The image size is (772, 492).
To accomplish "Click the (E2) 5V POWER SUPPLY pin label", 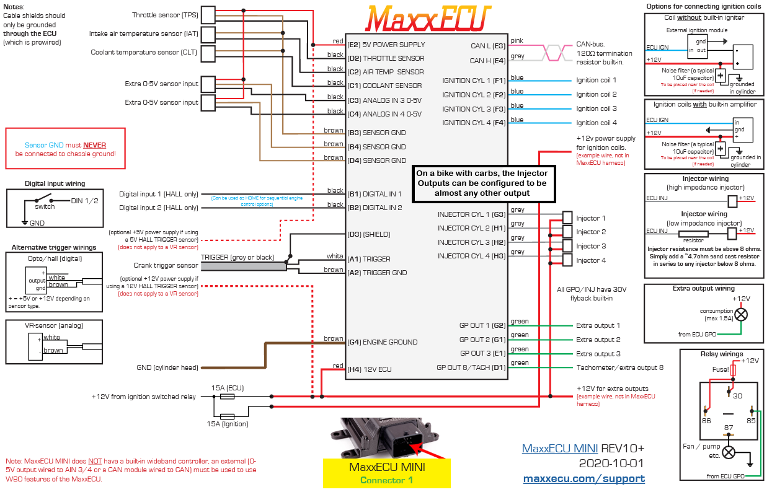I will (x=386, y=45).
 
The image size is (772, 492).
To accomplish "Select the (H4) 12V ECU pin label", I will (x=370, y=370).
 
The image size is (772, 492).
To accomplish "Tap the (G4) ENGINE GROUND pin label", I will (x=383, y=342).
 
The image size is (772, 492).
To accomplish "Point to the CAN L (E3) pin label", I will (x=488, y=45).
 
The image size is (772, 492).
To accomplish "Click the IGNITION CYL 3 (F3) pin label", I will (x=474, y=109).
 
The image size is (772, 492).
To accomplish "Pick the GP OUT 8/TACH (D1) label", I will (x=471, y=367).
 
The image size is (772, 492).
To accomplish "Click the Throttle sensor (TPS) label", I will (x=165, y=15).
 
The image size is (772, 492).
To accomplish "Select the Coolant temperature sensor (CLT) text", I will (x=144, y=53).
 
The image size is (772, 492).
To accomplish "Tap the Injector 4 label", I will (x=591, y=260).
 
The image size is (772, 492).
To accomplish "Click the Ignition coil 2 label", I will (x=596, y=94).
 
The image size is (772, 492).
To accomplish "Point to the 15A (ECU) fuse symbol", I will (x=227, y=396).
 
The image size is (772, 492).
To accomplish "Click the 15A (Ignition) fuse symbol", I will (x=227, y=416).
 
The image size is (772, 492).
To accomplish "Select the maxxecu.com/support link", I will (x=583, y=478).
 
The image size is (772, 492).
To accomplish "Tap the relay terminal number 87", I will (x=729, y=427).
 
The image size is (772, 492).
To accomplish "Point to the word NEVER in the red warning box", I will (x=95, y=144).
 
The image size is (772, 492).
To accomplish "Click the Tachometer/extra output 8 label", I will (x=619, y=367).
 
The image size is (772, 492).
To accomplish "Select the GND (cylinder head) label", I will (x=167, y=367).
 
